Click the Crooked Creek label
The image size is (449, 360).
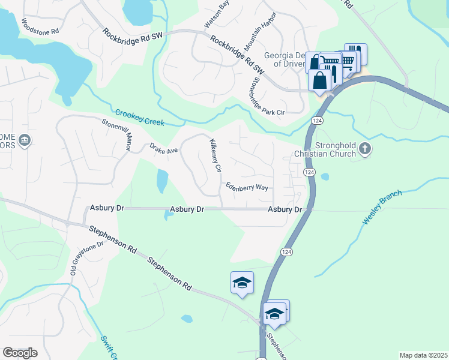pyautogui.click(x=139, y=118)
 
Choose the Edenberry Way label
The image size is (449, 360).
pyautogui.click(x=247, y=187)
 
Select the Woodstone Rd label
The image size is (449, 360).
pyautogui.click(x=40, y=26)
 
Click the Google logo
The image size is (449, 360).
pyautogui.click(x=20, y=353)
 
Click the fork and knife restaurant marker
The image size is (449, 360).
pyautogui.click(x=355, y=54)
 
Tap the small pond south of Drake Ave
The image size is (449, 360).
pyautogui.click(x=162, y=181)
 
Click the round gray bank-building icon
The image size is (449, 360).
pyautogui.click(x=25, y=141)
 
